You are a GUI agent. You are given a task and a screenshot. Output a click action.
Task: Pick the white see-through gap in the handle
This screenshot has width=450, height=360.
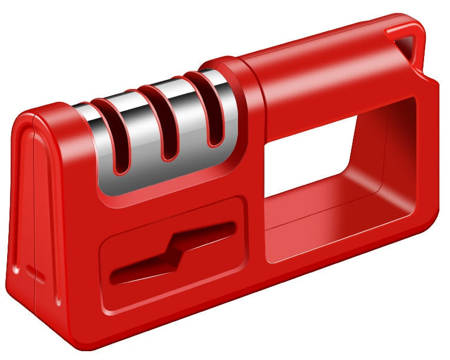(306, 165)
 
